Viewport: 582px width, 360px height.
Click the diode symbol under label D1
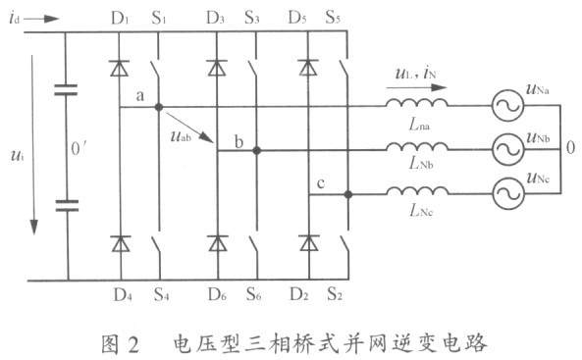click(120, 69)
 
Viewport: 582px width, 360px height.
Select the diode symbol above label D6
click(218, 243)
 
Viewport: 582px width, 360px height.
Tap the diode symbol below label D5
click(308, 68)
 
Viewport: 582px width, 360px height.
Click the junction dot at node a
click(159, 107)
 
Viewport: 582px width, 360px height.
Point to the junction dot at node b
click(256, 151)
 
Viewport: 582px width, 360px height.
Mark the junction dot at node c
click(347, 194)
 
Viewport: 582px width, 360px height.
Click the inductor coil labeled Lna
click(417, 103)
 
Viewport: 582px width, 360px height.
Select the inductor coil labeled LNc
click(417, 190)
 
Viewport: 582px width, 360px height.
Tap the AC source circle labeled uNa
click(508, 106)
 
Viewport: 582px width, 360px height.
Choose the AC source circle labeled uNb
click(508, 149)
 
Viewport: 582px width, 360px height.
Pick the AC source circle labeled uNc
click(508, 193)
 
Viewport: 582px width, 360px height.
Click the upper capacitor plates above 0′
click(66, 90)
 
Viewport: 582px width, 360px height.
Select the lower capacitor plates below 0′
click(67, 206)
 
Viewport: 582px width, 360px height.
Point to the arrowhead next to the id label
click(52, 19)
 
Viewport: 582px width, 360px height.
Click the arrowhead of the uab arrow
click(207, 137)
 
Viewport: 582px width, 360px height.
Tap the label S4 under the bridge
click(162, 294)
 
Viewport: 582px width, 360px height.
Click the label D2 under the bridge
click(299, 294)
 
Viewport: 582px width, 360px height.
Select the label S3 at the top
click(251, 18)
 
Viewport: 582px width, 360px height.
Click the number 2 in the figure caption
click(132, 344)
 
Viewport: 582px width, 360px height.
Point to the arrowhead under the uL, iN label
click(440, 87)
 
